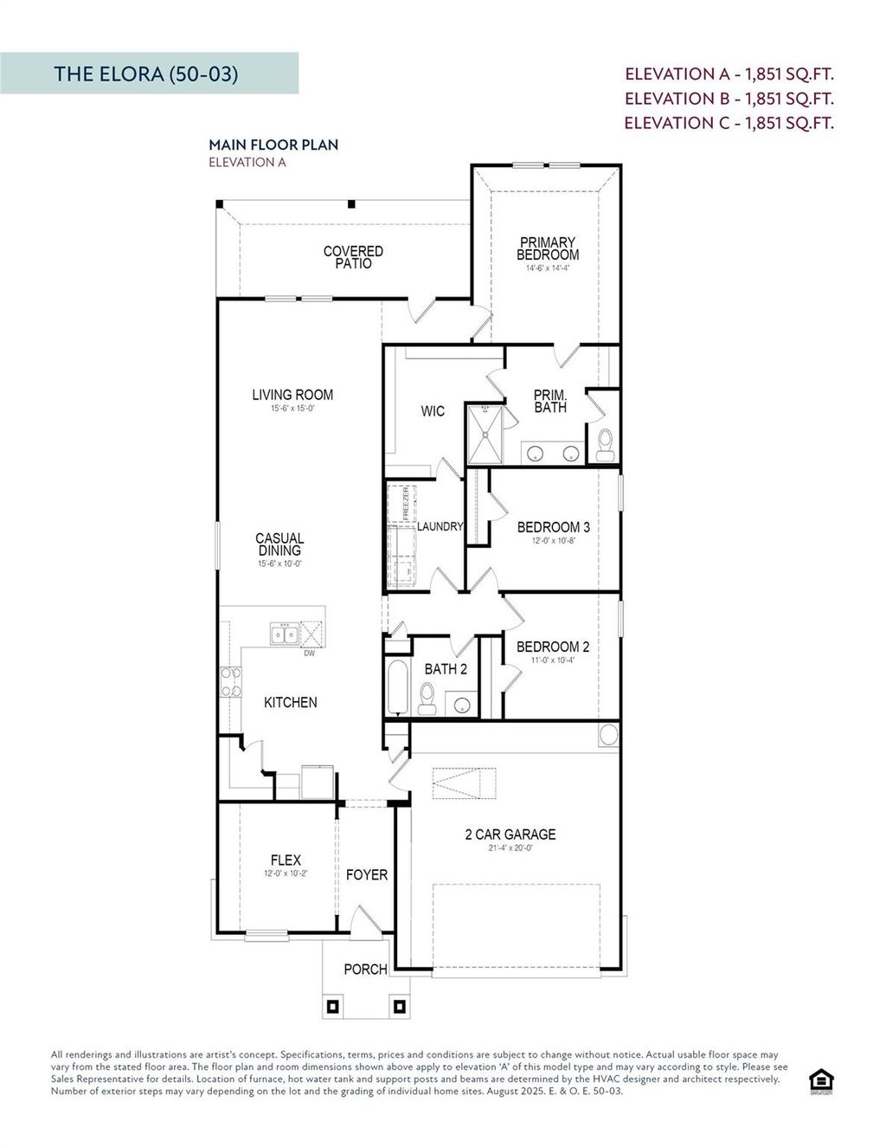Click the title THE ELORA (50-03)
(x=145, y=74)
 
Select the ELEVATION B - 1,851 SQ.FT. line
(x=729, y=99)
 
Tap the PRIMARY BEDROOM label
(x=548, y=248)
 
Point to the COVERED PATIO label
(x=353, y=257)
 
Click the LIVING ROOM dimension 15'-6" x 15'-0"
(x=292, y=409)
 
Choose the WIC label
(x=433, y=411)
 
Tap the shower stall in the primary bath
(x=484, y=433)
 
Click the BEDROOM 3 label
(x=553, y=527)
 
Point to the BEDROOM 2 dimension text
(x=553, y=660)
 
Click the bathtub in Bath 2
(x=397, y=689)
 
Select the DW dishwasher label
(x=309, y=654)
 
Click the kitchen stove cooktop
(x=231, y=681)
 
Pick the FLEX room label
(x=286, y=860)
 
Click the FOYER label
(x=366, y=875)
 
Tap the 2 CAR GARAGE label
(x=510, y=834)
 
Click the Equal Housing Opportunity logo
(x=820, y=1081)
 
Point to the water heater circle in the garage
(x=608, y=735)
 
